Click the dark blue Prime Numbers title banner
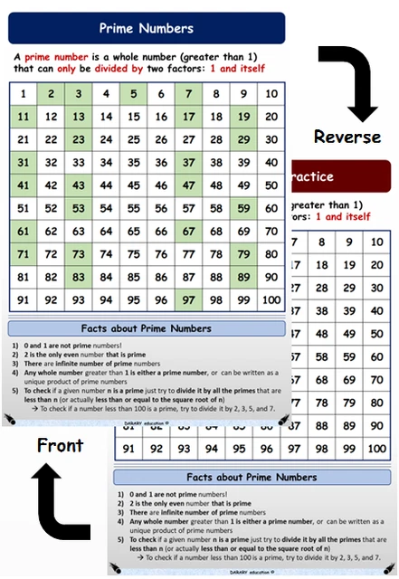(x=146, y=29)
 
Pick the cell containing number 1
(x=23, y=93)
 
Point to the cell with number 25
(x=133, y=140)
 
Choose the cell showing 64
(x=106, y=232)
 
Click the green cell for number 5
(x=133, y=93)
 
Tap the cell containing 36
(x=161, y=163)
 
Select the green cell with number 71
(x=23, y=255)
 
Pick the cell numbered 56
(x=161, y=209)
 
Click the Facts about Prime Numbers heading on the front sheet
(x=146, y=328)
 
